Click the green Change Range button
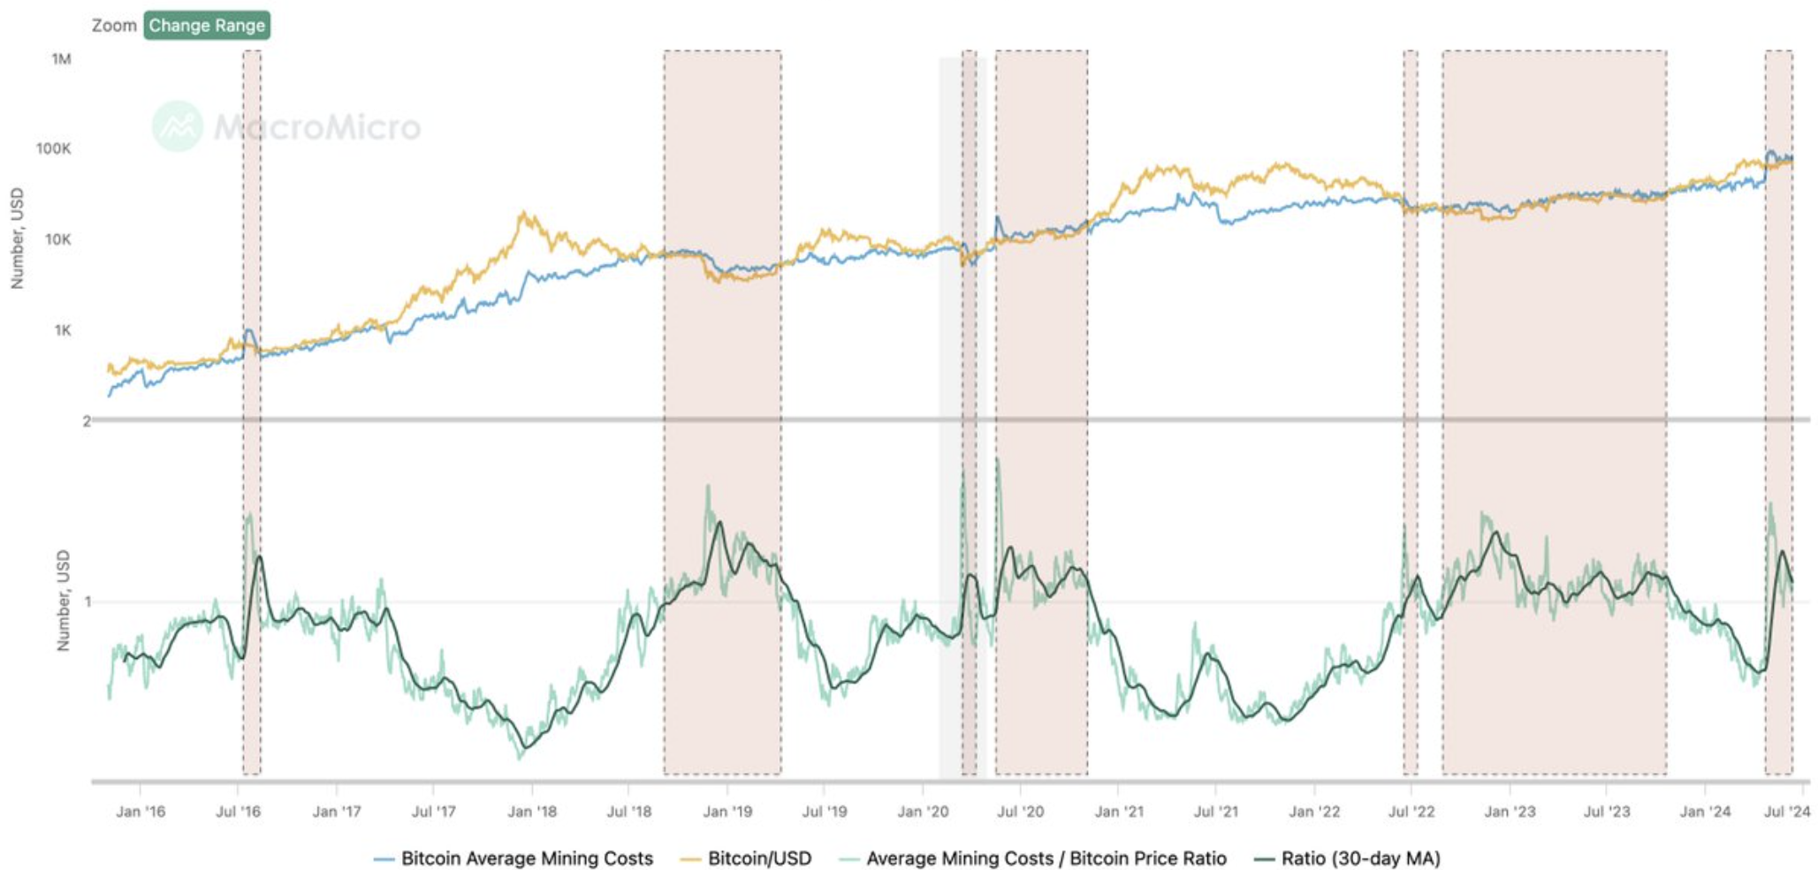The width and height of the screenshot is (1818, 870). coord(207,26)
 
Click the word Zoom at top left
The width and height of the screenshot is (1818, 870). coord(114,26)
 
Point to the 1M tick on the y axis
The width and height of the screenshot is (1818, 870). coord(61,59)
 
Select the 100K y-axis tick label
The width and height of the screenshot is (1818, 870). coord(53,148)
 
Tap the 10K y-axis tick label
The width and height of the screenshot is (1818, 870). coord(57,239)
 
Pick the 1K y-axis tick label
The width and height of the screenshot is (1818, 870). coord(62,330)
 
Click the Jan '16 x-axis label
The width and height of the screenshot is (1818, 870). coord(141,812)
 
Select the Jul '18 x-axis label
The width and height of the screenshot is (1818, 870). coord(628,812)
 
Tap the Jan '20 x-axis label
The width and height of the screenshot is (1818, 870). coord(922,812)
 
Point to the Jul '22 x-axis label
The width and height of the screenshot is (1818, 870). coord(1411,812)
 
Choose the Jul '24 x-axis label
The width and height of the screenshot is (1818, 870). coord(1787,812)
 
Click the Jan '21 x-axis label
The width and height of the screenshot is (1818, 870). coord(1118,812)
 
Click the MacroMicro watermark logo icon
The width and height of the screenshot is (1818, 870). coord(178,126)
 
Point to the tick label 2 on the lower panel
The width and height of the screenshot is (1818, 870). coord(87,421)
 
